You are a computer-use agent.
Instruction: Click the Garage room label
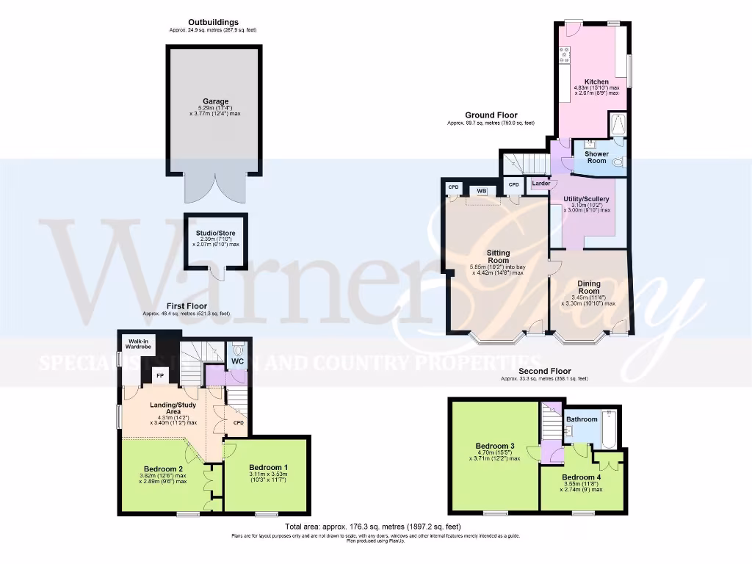click(x=215, y=101)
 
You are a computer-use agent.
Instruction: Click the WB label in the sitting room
click(x=482, y=191)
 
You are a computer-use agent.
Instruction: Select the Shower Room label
click(x=596, y=157)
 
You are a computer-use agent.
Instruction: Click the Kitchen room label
click(x=596, y=82)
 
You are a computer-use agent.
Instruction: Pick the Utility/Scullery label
click(x=586, y=199)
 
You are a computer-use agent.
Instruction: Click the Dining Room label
click(x=588, y=287)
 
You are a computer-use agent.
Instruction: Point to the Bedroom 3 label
click(x=494, y=446)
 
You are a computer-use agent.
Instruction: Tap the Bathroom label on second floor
click(x=582, y=419)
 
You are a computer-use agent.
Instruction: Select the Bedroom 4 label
click(x=582, y=477)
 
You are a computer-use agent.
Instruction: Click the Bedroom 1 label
click(x=268, y=468)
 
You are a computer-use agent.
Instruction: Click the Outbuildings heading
click(x=213, y=23)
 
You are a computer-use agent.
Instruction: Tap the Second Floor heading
click(x=544, y=372)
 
